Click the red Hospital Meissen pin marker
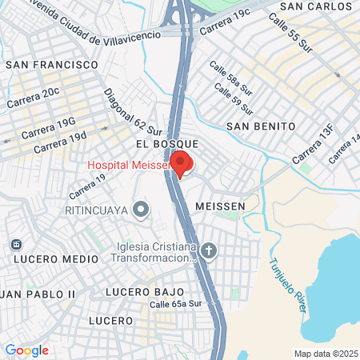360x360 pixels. (x=181, y=163)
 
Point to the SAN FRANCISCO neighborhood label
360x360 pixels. (x=52, y=64)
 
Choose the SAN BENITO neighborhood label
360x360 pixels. (x=261, y=126)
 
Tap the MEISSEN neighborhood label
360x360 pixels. (x=218, y=206)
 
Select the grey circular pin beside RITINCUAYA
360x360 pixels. (x=142, y=210)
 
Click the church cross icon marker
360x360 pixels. (x=208, y=252)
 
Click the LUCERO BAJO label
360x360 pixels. (x=145, y=292)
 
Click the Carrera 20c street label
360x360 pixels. (x=33, y=98)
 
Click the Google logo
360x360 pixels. (x=26, y=350)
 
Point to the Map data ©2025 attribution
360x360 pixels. (x=326, y=354)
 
